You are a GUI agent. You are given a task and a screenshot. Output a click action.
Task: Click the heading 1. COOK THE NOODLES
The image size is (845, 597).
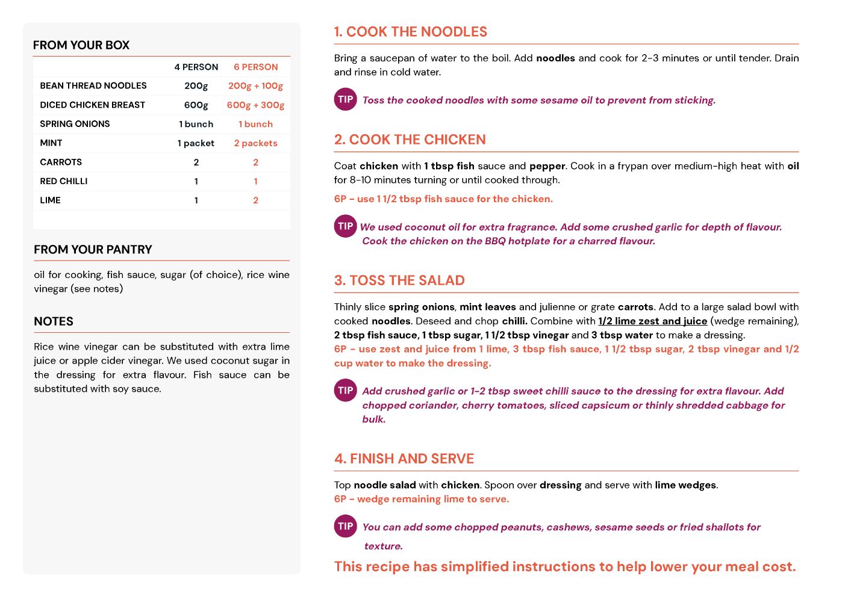pyautogui.click(x=410, y=32)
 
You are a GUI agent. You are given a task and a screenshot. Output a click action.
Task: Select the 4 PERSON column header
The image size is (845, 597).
pyautogui.click(x=196, y=67)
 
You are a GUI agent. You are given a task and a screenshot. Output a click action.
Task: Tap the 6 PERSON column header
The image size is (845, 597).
pyautogui.click(x=256, y=67)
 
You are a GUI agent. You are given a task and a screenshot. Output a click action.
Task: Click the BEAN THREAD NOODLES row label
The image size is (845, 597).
pyautogui.click(x=93, y=86)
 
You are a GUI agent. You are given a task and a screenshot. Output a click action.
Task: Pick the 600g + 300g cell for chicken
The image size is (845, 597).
pyautogui.click(x=255, y=105)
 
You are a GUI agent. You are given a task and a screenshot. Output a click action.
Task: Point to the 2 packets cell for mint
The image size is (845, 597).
pyautogui.click(x=255, y=143)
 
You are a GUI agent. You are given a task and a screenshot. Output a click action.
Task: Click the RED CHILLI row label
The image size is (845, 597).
pyautogui.click(x=64, y=181)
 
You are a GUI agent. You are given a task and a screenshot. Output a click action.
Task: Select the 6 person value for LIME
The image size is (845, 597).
pyautogui.click(x=255, y=200)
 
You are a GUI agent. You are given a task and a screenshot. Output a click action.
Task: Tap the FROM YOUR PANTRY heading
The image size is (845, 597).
pyautogui.click(x=93, y=250)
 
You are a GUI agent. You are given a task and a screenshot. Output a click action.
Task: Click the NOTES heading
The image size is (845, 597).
pyautogui.click(x=54, y=321)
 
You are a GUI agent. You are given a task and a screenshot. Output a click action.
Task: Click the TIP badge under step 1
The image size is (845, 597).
pyautogui.click(x=345, y=99)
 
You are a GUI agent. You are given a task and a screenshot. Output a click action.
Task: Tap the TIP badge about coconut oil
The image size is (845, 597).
pyautogui.click(x=345, y=226)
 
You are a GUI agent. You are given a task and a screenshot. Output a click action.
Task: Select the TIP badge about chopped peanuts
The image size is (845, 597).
pyautogui.click(x=345, y=526)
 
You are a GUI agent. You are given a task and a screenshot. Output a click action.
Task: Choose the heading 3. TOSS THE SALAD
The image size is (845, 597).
pyautogui.click(x=399, y=280)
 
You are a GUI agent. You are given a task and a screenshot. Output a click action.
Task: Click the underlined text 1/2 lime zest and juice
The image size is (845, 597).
pyautogui.click(x=652, y=321)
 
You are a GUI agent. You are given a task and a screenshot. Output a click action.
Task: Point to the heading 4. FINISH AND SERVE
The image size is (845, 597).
pyautogui.click(x=404, y=459)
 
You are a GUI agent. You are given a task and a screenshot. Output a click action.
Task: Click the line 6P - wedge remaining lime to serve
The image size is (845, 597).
pyautogui.click(x=422, y=499)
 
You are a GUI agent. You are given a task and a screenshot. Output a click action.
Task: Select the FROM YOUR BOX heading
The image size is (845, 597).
pyautogui.click(x=81, y=45)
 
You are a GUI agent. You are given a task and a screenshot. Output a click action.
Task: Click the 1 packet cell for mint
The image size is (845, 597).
pyautogui.click(x=196, y=143)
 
